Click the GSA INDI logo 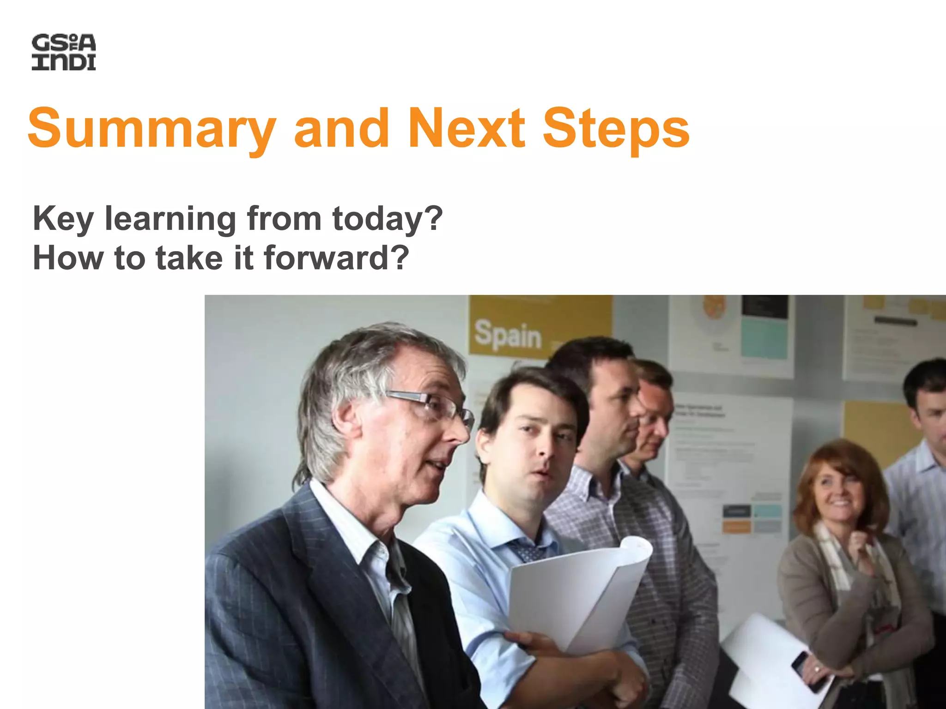pos(64,52)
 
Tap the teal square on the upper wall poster pos(764,339)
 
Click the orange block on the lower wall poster pos(736,526)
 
